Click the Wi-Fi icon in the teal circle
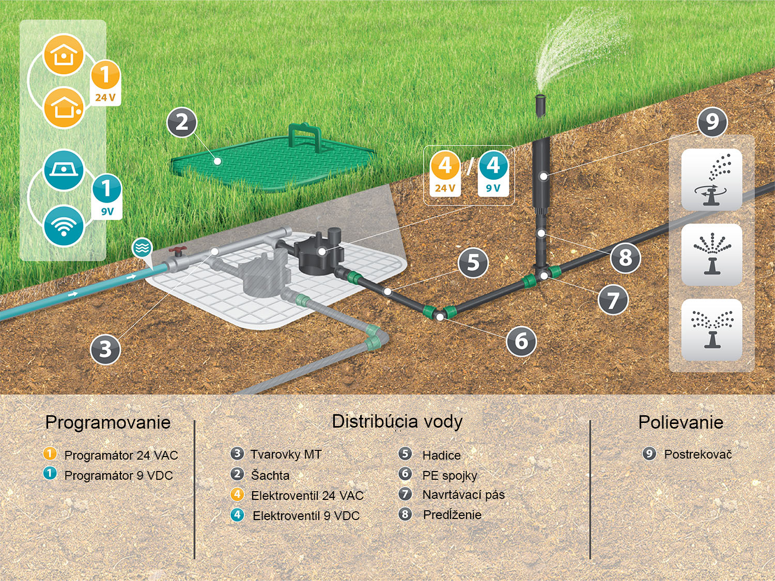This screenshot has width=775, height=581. [x=64, y=226]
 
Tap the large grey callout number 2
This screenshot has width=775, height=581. [x=181, y=122]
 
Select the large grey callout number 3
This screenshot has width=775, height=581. [x=105, y=349]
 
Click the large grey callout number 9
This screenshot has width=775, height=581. [x=712, y=122]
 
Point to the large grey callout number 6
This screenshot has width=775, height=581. [x=521, y=341]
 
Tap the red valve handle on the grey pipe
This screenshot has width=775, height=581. [x=177, y=252]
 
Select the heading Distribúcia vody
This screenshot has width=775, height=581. [x=397, y=421]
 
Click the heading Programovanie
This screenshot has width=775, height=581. [x=107, y=422]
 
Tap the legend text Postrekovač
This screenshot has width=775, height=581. [x=698, y=454]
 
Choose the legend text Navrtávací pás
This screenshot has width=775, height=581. [x=463, y=495]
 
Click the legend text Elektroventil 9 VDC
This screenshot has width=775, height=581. [x=306, y=516]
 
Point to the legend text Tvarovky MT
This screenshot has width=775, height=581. [x=286, y=454]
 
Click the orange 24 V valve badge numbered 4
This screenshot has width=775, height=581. [x=445, y=173]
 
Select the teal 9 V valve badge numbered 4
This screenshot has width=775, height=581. [x=493, y=173]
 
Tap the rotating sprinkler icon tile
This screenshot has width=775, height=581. [x=711, y=180]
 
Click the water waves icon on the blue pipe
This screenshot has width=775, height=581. [x=142, y=248]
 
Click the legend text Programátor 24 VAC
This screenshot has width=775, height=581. [x=121, y=456]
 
